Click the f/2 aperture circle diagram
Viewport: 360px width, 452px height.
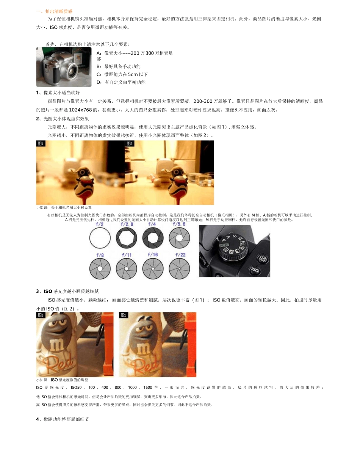pos(100,239)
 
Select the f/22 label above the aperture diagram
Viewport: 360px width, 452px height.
pos(180,255)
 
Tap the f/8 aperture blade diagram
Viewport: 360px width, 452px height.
pos(100,269)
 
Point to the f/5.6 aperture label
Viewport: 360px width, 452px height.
pos(179,224)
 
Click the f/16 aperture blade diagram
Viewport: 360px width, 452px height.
pos(153,269)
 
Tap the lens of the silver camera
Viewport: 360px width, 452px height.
pos(72,69)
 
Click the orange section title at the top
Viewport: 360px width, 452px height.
pos(54,11)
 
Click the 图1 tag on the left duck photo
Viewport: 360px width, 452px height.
pos(41,144)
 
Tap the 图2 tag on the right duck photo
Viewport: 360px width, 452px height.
pos(130,144)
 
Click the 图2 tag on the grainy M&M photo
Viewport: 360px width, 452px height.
pos(124,315)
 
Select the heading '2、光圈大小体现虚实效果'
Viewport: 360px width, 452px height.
pos(63,119)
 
